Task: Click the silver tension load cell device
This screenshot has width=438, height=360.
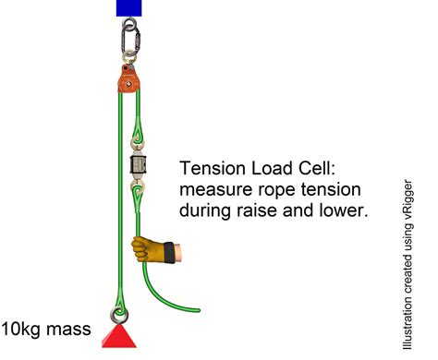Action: tap(138, 168)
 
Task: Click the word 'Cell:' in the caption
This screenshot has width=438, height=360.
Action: tap(325, 169)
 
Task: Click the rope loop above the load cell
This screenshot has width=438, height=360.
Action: tap(138, 138)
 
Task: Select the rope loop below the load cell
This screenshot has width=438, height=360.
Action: tap(138, 196)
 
